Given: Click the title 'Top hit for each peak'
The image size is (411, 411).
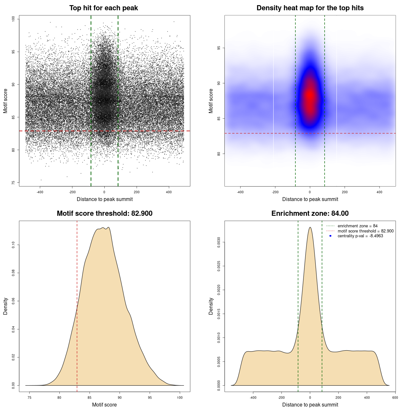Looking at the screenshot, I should pos(103,8).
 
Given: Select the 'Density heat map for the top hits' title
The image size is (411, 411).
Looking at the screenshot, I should pos(310,8).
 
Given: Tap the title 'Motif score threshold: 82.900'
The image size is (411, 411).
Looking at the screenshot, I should pos(104,214).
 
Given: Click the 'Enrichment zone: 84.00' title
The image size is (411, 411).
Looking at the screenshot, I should pos(310,214).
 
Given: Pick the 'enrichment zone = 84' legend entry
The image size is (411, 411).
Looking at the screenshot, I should pos(357,226).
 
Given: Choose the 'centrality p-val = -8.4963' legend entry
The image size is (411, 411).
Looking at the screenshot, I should pos(360,236).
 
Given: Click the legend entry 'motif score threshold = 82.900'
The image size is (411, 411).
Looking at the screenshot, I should pos(365,231).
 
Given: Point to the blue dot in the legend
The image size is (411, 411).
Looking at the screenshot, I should pos(330,236).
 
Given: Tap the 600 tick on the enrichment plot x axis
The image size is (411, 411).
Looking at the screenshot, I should pos(395,398).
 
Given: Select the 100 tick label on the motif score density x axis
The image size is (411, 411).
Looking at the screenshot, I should pos(180,398).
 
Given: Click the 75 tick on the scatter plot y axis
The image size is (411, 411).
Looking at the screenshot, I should pos(13,183).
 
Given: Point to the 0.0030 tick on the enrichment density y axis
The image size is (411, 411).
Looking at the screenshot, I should pos(219,242).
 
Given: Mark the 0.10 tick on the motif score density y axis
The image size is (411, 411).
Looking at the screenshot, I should pos(13,245).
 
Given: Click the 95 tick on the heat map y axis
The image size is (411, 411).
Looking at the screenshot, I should pos(219,48).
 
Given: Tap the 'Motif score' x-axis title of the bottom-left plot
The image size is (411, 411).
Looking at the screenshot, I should pos(104,405).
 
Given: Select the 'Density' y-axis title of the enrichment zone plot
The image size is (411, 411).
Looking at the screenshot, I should pos(211,306).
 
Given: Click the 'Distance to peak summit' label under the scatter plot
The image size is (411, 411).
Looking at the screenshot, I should pos(105,199).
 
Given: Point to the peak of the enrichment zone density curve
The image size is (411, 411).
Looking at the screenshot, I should pos(310,227).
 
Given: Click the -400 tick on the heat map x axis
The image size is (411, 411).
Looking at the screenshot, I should pos(240,192).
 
